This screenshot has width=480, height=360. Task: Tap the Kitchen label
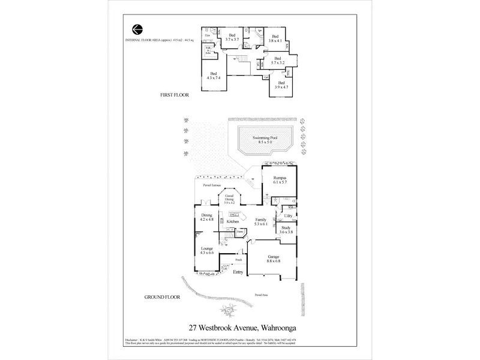pos(233,222)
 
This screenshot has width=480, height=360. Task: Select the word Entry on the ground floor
pos(238,272)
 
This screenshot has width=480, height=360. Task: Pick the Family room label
pos(260,222)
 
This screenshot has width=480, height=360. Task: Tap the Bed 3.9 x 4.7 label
pos(280,85)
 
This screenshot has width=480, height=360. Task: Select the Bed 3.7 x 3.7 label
pos(232,37)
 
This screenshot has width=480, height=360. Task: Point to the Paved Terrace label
pos(211,186)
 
